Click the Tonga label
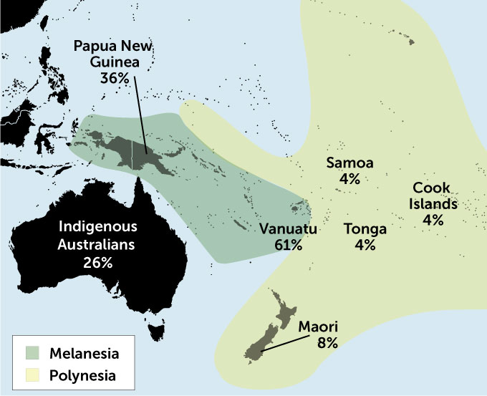[x=365, y=229]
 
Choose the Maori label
[x=318, y=327]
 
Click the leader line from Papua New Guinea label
[x=140, y=118]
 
